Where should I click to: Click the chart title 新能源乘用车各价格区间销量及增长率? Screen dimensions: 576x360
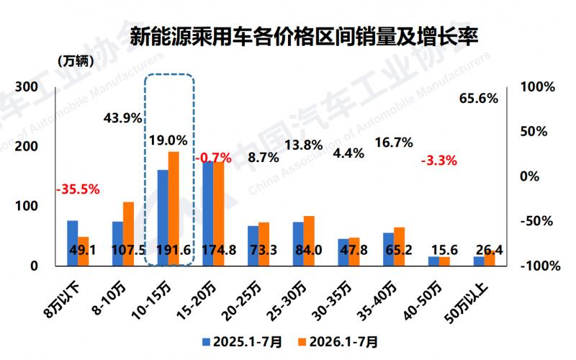pyautogui.click(x=304, y=37)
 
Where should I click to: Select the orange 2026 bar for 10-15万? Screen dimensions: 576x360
pyautogui.click(x=174, y=208)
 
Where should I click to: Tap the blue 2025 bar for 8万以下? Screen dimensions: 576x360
pyautogui.click(x=73, y=243)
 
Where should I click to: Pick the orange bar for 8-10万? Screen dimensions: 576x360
pyautogui.click(x=128, y=233)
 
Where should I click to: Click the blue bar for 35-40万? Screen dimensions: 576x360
pyautogui.click(x=388, y=249)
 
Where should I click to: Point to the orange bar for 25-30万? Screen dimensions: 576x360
pyautogui.click(x=309, y=240)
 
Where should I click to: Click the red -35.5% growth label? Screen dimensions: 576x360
pyautogui.click(x=78, y=189)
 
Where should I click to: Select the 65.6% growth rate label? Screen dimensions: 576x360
pyautogui.click(x=479, y=99)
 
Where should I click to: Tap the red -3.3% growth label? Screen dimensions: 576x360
pyautogui.click(x=439, y=161)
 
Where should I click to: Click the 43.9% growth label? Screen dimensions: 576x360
pyautogui.click(x=122, y=118)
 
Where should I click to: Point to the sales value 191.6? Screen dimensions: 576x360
pyautogui.click(x=174, y=250)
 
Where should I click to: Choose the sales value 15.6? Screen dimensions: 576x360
pyautogui.click(x=444, y=250)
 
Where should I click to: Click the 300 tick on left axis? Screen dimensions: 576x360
pyautogui.click(x=27, y=87)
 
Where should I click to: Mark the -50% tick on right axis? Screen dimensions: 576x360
pyautogui.click(x=536, y=221)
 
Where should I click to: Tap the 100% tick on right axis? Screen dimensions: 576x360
pyautogui.click(x=537, y=87)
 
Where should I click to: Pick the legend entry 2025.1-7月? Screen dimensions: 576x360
pyautogui.click(x=243, y=342)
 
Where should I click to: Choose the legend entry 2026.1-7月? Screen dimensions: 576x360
pyautogui.click(x=338, y=342)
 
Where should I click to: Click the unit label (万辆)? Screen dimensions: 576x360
pyautogui.click(x=76, y=61)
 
